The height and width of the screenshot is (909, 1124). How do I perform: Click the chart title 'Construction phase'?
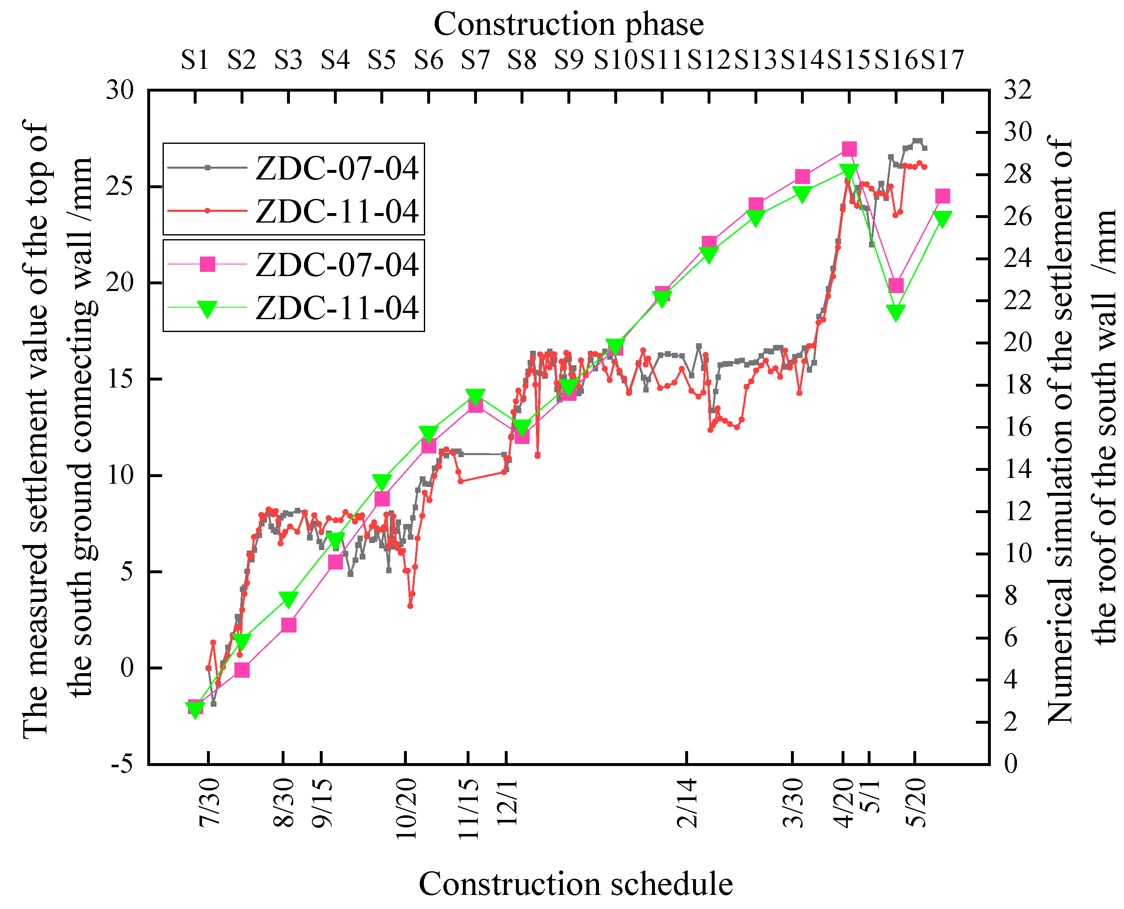click(x=568, y=24)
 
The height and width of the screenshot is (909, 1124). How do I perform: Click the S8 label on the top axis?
click(x=521, y=59)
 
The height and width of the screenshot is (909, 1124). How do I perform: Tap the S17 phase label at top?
click(x=942, y=59)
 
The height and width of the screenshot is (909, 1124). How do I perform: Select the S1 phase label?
click(x=195, y=59)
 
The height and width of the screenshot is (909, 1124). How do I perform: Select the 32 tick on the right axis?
click(x=1017, y=90)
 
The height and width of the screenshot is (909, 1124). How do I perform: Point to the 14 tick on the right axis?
click(x=1017, y=469)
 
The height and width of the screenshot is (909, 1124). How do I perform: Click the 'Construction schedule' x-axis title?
click(x=575, y=884)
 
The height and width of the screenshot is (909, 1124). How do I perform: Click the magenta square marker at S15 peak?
click(x=849, y=149)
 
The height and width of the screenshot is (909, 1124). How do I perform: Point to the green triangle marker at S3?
click(x=289, y=599)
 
